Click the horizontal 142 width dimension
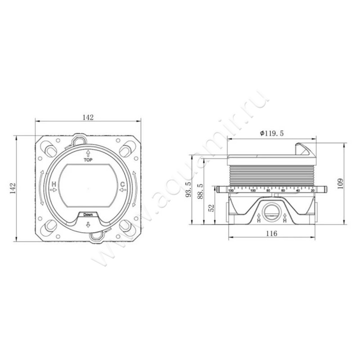tap(88, 117)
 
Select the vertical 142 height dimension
tap(13, 188)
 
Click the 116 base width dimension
tap(271, 233)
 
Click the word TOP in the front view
tap(88, 160)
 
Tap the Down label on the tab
tap(88, 215)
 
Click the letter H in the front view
tap(54, 184)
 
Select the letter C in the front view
tap(122, 184)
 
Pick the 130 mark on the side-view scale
tap(231, 191)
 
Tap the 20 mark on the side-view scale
tap(312, 191)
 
